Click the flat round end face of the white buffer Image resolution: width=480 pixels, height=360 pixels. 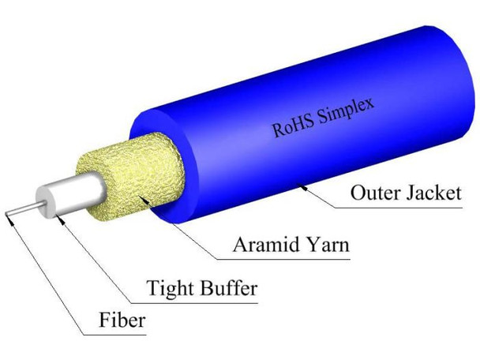[x=45, y=202]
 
